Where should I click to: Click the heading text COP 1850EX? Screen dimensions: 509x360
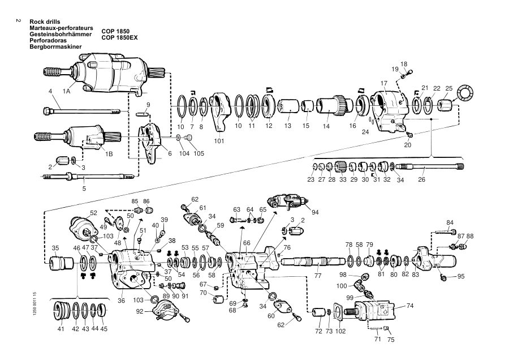point(119,38)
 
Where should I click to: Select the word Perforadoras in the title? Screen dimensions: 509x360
point(48,41)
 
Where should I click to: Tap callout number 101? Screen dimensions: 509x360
point(219,141)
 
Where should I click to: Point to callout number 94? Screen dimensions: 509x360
point(315,212)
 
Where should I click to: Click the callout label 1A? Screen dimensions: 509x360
point(67,91)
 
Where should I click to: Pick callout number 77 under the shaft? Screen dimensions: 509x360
point(318,276)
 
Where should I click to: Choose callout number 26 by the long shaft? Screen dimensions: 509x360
point(421,179)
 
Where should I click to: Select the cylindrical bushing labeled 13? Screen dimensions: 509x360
point(288,106)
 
